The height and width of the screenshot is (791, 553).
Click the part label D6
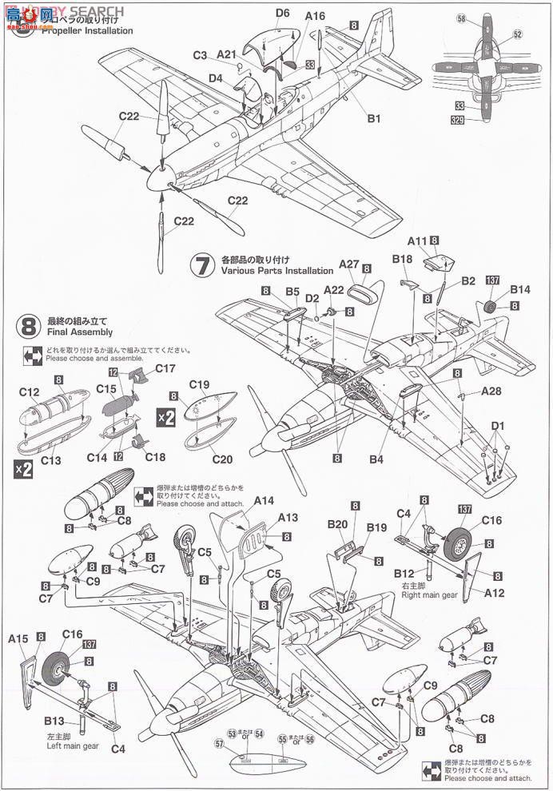[283, 13]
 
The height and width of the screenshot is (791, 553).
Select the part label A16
[316, 16]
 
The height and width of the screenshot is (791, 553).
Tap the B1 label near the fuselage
[373, 118]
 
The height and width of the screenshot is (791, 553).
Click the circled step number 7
[203, 266]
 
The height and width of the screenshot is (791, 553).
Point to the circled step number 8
[28, 326]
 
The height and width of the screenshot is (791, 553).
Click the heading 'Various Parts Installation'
[265, 272]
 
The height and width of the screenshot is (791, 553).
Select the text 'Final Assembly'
[79, 332]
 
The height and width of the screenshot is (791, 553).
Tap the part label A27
[348, 264]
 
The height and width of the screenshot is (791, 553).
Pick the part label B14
[520, 289]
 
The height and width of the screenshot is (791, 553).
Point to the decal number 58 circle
[461, 18]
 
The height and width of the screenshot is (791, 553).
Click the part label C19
[199, 384]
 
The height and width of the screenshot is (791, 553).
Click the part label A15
[18, 638]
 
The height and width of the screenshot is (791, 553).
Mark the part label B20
[337, 526]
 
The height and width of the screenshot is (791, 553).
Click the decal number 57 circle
[220, 742]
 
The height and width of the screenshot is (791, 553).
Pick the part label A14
[264, 501]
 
